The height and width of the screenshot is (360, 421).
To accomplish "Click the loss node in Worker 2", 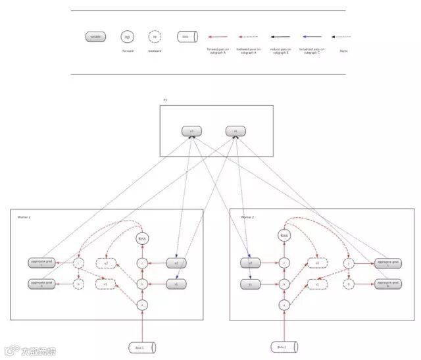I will click(x=284, y=235).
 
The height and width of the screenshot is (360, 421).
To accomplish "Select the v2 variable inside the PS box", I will click(x=191, y=132).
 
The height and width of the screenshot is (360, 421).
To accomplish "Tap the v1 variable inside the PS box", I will click(x=235, y=132).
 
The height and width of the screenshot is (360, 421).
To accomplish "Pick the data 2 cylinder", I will click(x=284, y=347).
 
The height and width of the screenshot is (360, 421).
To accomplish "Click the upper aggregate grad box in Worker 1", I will click(x=41, y=263).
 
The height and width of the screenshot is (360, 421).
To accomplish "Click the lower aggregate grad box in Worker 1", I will click(x=41, y=284).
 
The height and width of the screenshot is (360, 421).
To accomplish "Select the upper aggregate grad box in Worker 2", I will click(x=387, y=263).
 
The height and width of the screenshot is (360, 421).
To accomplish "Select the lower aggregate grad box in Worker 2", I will click(x=387, y=284).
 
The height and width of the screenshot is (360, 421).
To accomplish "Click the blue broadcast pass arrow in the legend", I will click(x=311, y=38).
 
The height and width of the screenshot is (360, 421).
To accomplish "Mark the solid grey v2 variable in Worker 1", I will click(x=176, y=263).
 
